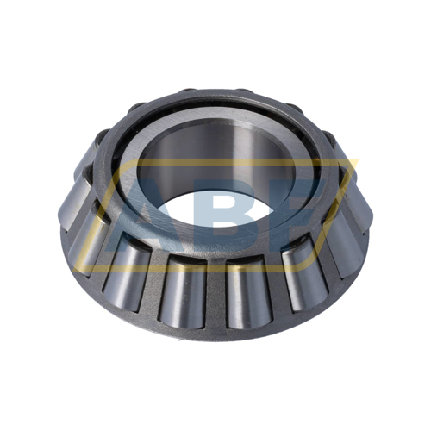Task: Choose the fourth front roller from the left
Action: click(247, 293)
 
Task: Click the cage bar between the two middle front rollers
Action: click(215, 293)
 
